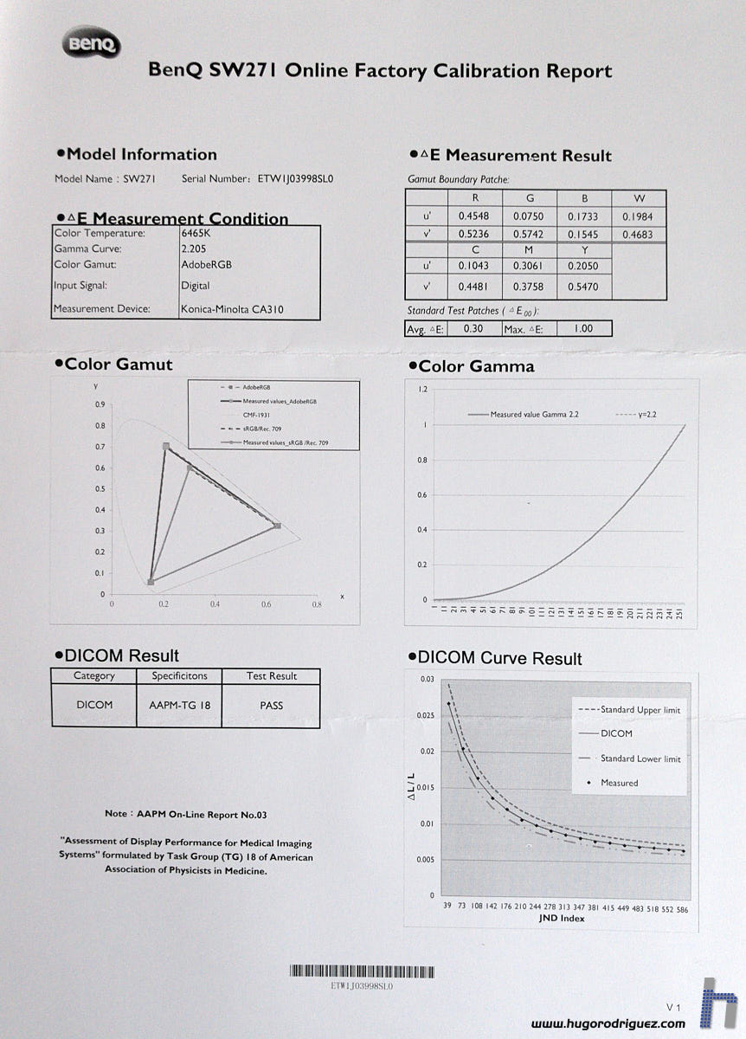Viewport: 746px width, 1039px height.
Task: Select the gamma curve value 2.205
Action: click(x=195, y=248)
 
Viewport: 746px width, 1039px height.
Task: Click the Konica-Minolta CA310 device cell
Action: click(x=232, y=309)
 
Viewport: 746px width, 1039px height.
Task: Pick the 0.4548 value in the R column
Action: click(x=474, y=216)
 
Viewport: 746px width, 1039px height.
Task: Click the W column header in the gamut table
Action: click(x=639, y=198)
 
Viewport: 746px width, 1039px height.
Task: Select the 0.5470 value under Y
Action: click(x=583, y=287)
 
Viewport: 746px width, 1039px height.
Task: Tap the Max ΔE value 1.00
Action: click(x=584, y=329)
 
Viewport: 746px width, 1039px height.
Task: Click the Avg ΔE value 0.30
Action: click(x=473, y=329)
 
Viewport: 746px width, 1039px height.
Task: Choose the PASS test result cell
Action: click(x=271, y=705)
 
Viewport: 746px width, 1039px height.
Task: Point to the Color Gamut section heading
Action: click(x=119, y=365)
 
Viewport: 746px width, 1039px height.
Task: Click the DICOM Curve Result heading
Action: click(x=499, y=659)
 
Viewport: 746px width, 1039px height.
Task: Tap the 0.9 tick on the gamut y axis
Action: click(x=100, y=404)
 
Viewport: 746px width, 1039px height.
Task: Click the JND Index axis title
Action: click(x=561, y=918)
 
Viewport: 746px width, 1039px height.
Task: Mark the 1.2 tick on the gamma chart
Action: click(x=423, y=390)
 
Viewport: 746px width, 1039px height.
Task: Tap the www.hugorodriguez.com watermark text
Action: click(x=608, y=1023)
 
